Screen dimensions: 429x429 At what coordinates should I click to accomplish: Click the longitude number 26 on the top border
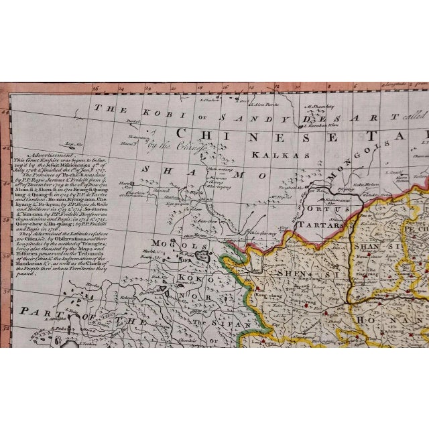[x=97, y=86]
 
